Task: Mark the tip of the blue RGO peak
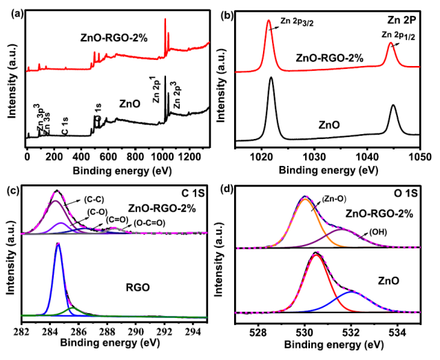pos(58,244)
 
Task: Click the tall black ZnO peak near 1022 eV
pos(271,78)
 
